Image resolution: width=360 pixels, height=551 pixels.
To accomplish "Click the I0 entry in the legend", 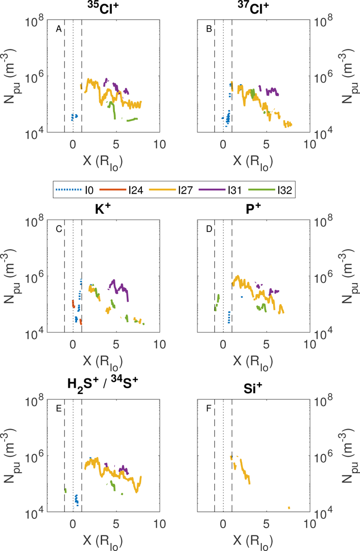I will click(x=75, y=190).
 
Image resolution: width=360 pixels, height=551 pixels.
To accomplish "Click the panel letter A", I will click(x=59, y=29).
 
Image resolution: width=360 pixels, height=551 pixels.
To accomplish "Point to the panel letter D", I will click(x=209, y=229).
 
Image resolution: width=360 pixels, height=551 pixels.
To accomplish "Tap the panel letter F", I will click(x=209, y=408).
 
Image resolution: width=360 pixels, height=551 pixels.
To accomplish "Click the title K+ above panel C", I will click(x=103, y=209).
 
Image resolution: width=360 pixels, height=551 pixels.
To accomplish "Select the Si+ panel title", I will click(x=253, y=389).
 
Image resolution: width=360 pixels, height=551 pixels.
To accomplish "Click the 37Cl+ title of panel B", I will click(x=253, y=8).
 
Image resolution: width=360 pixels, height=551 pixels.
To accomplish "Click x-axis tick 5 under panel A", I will click(x=116, y=144).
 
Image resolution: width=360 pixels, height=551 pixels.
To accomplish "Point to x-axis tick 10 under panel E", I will click(x=159, y=524).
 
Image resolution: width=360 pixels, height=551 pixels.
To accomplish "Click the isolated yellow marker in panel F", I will click(x=289, y=508).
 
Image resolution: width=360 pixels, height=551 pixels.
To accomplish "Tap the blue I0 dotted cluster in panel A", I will click(x=74, y=117).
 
